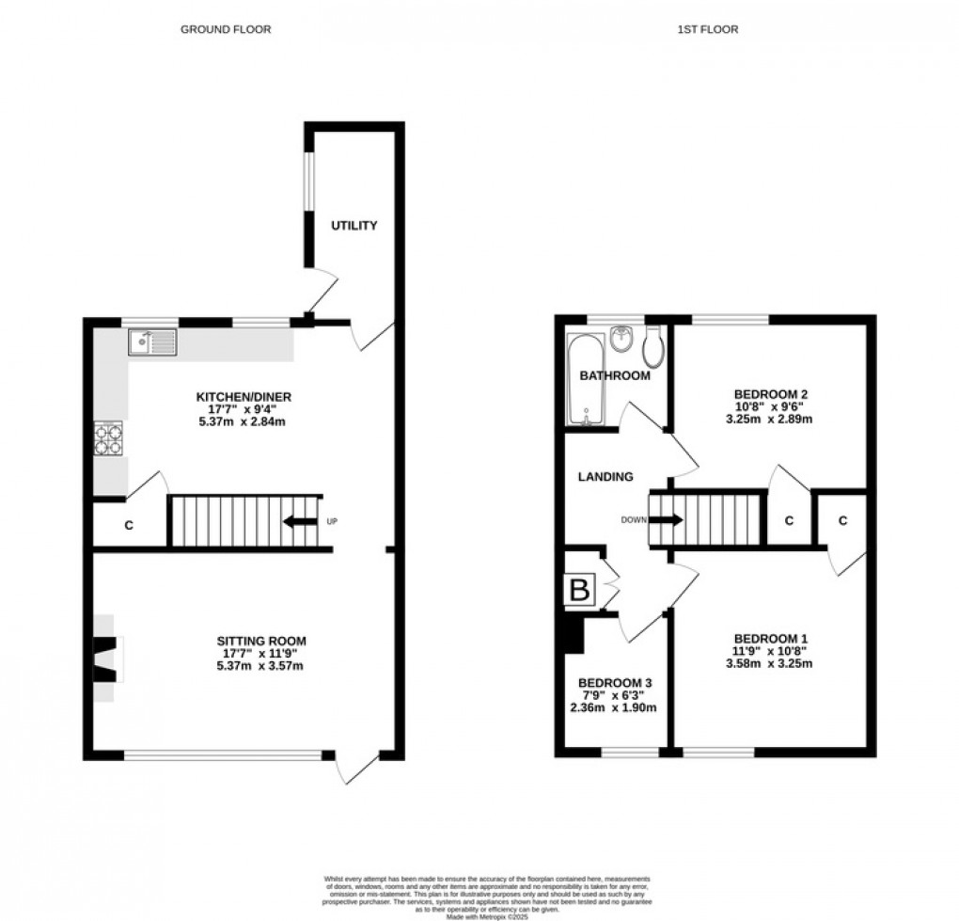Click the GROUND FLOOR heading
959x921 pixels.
tap(226, 29)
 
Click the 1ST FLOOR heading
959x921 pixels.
tap(708, 29)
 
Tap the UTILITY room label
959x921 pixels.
tap(354, 225)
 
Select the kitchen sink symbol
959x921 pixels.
tap(153, 342)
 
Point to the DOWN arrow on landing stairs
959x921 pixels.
tap(666, 518)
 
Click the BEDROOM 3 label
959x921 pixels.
tap(616, 683)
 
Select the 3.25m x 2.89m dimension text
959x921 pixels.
tap(768, 419)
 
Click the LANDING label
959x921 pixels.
tap(605, 477)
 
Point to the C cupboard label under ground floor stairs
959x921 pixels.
tap(129, 527)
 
